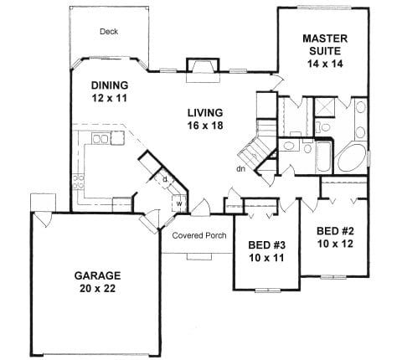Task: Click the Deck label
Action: [x=109, y=32]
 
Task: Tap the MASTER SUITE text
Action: [x=325, y=44]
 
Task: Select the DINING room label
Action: [x=110, y=85]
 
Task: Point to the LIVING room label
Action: [x=205, y=113]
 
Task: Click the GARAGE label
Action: [x=97, y=275]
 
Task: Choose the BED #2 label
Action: [x=335, y=231]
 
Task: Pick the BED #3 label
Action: [x=267, y=245]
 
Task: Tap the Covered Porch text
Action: [x=199, y=235]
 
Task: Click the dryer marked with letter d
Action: [x=165, y=179]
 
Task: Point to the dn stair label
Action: [x=240, y=168]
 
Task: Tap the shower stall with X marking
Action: [x=324, y=107]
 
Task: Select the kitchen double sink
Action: [x=100, y=138]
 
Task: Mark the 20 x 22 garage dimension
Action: [x=97, y=288]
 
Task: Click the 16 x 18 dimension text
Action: [x=205, y=126]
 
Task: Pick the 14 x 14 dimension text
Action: [x=325, y=64]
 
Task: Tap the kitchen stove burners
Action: [x=78, y=181]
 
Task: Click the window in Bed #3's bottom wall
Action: [x=268, y=291]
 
